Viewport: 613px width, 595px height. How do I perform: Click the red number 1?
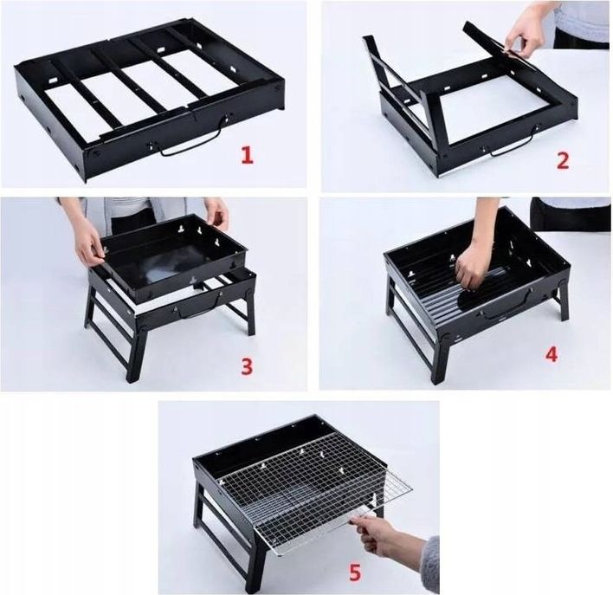(247, 155)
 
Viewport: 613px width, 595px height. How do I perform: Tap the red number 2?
(562, 160)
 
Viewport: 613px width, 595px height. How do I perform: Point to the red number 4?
(552, 353)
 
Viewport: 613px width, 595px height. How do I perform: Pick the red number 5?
(355, 574)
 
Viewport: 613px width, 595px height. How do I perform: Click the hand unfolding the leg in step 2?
(522, 37)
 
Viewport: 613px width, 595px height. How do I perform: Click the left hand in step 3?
(91, 243)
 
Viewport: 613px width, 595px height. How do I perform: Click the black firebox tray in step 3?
(173, 256)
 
